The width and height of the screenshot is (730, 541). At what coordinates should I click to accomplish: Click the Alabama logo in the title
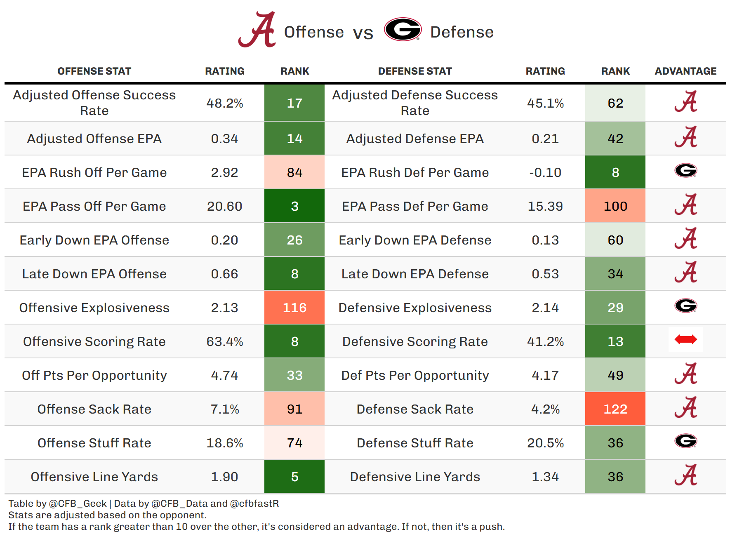[x=257, y=30]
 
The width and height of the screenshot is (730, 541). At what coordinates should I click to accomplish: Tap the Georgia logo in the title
[x=403, y=29]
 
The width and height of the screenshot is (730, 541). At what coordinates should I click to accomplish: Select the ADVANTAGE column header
[x=685, y=71]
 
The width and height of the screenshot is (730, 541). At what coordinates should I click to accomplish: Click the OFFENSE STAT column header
[x=94, y=71]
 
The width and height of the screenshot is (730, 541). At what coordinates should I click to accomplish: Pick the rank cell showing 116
[x=294, y=308]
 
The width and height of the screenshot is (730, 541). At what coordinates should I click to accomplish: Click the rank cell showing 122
[x=615, y=409]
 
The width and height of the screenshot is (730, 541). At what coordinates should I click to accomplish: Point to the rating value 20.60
[x=224, y=206]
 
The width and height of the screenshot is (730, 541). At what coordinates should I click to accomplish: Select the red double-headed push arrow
[x=685, y=339]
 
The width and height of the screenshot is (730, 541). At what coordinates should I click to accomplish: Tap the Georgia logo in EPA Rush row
[x=685, y=170]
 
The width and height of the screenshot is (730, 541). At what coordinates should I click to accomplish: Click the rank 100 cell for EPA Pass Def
[x=615, y=206]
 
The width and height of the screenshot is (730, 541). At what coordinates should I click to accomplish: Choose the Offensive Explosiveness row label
[x=94, y=308]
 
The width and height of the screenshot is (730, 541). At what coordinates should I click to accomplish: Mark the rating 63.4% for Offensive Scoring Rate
[x=224, y=341]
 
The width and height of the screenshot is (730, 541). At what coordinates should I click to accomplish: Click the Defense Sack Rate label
[x=415, y=409]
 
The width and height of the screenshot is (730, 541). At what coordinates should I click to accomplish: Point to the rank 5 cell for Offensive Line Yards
[x=294, y=477]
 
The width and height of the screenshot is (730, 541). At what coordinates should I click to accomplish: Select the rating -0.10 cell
[x=545, y=172]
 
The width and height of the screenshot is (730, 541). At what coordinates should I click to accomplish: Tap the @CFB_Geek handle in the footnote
[x=78, y=503]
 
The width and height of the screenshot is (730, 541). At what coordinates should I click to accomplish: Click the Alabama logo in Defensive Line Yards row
[x=685, y=475]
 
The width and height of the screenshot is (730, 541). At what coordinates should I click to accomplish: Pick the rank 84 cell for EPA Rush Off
[x=294, y=172]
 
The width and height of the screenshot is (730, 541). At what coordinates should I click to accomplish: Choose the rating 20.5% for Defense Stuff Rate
[x=545, y=443]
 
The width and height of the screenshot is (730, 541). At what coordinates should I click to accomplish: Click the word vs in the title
[x=363, y=33]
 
